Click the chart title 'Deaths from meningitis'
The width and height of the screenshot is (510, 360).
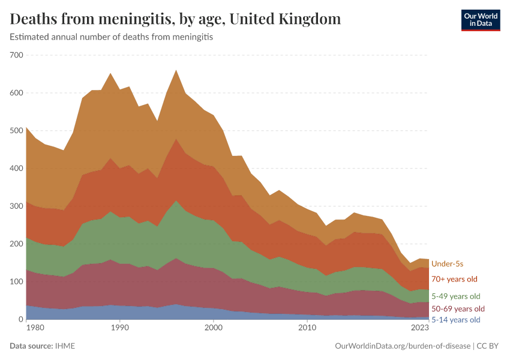(x=175, y=19)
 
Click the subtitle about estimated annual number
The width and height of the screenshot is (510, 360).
(x=112, y=37)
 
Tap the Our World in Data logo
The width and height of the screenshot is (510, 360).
(x=480, y=19)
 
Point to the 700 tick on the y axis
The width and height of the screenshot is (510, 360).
(x=16, y=55)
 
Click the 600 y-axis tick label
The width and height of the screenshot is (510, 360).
(x=16, y=93)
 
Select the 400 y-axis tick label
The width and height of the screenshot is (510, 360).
(x=16, y=169)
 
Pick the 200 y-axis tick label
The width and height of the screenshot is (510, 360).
(x=16, y=244)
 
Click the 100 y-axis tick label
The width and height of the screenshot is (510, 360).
(x=16, y=282)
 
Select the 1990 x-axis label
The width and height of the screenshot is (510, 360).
(x=120, y=328)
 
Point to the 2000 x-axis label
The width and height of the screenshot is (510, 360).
(x=214, y=328)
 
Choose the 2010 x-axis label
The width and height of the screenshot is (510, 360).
(x=307, y=328)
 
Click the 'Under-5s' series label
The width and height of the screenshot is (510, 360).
(x=447, y=264)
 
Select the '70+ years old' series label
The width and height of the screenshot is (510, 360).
(x=455, y=279)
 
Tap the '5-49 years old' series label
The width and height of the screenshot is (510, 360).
(x=456, y=296)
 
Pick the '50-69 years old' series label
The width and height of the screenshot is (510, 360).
(x=458, y=308)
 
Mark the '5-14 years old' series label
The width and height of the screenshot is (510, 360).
(x=456, y=320)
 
